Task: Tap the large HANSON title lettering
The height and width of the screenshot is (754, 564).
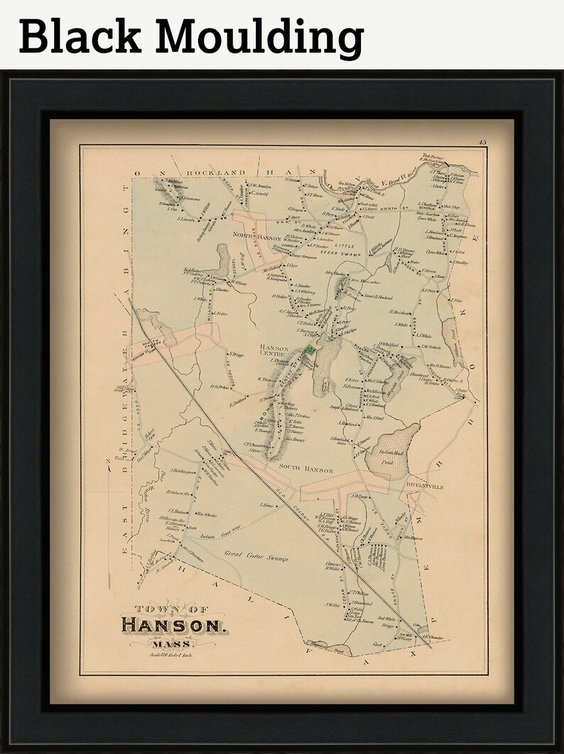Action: [x=173, y=625]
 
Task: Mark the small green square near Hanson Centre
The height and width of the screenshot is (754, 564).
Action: [x=310, y=351]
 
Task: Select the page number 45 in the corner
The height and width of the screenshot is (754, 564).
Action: [x=482, y=144]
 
